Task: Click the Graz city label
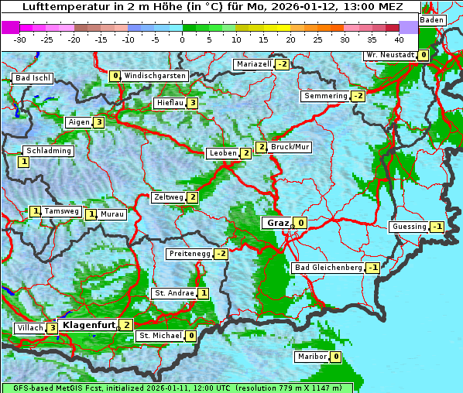(x=276, y=223)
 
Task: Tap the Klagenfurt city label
(x=88, y=325)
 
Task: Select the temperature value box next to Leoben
(x=245, y=153)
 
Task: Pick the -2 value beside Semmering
(x=358, y=96)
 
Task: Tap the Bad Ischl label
(x=33, y=78)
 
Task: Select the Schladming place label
(x=48, y=151)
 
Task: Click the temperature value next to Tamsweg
(x=35, y=211)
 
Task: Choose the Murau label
(x=112, y=214)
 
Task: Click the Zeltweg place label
(x=168, y=197)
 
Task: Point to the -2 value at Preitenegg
(x=221, y=254)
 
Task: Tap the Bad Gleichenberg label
(x=328, y=268)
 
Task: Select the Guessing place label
(x=409, y=227)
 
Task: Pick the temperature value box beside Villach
(x=52, y=328)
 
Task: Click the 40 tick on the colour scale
(x=399, y=39)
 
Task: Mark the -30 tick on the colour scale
(x=20, y=39)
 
